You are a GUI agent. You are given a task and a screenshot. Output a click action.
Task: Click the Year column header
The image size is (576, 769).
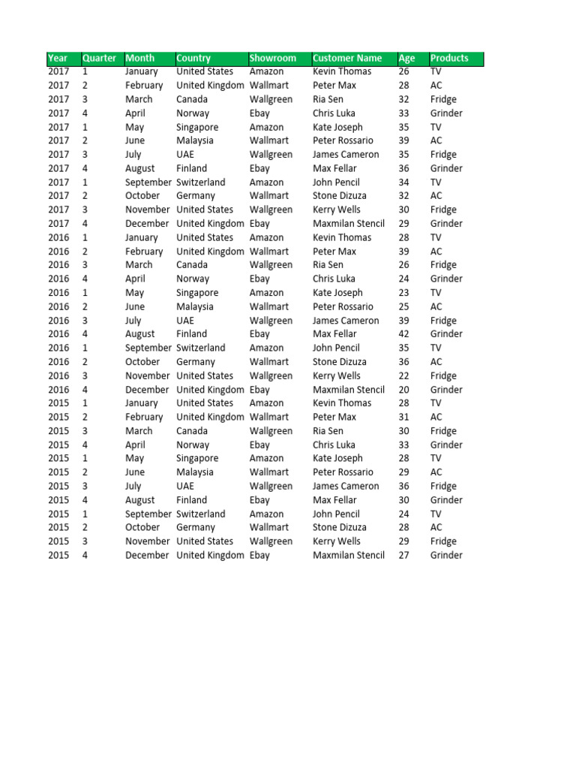click(57, 58)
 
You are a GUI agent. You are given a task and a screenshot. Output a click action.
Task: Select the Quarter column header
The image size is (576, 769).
click(99, 58)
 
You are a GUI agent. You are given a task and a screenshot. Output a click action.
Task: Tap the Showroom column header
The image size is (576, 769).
click(272, 58)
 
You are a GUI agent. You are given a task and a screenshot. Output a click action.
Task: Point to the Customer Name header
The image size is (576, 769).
click(347, 58)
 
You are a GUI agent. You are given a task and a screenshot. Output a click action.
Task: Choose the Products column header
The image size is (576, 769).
click(449, 58)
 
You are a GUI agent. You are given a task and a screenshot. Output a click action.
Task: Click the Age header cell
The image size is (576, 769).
click(406, 58)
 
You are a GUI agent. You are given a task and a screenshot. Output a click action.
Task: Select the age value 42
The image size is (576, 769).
click(404, 334)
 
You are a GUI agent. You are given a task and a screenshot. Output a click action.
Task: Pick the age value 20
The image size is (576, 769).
click(404, 390)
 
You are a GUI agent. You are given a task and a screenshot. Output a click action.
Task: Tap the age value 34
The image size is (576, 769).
click(404, 182)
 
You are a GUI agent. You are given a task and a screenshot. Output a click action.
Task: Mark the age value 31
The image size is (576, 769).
click(404, 417)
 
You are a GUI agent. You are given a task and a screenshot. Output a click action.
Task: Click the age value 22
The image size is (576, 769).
click(404, 375)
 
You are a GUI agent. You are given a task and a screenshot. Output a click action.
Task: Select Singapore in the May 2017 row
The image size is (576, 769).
click(197, 127)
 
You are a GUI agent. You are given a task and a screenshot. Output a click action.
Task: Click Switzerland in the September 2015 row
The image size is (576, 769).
click(200, 514)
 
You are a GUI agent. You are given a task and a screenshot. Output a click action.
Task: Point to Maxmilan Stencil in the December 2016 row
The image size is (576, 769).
click(349, 390)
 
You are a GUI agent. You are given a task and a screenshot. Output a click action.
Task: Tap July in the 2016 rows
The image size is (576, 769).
click(133, 321)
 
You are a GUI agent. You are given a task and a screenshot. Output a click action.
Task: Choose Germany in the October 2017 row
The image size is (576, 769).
click(196, 196)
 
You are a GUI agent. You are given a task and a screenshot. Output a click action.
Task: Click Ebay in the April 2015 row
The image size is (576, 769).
click(259, 445)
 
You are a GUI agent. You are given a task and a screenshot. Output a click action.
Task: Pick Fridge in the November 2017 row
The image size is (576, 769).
click(443, 210)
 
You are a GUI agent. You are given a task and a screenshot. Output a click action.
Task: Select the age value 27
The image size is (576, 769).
click(404, 555)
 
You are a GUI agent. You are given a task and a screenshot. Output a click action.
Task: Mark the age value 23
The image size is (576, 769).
click(404, 293)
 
